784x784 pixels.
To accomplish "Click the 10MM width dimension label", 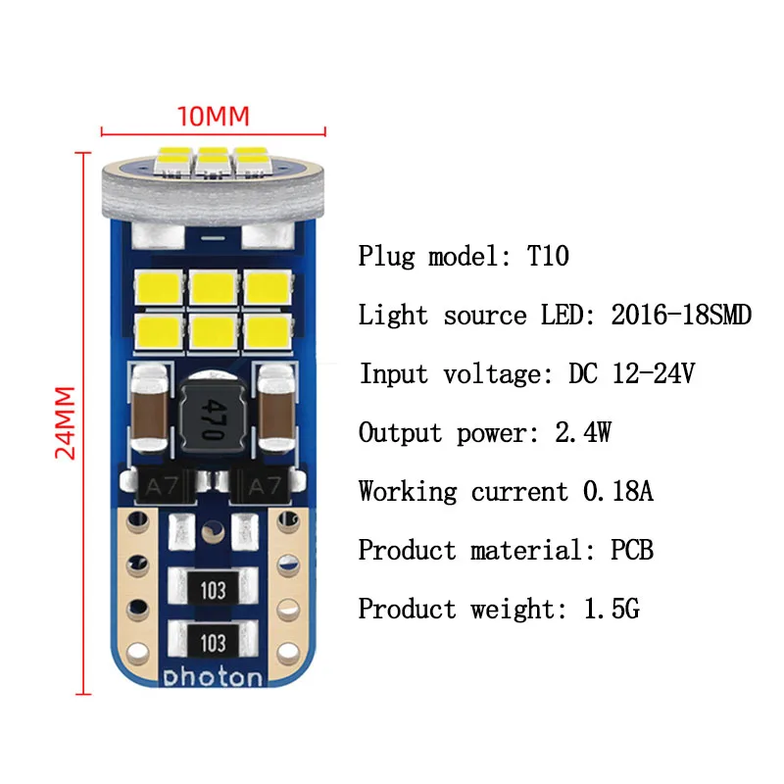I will tap(213, 115).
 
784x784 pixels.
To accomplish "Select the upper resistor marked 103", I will tap(214, 589).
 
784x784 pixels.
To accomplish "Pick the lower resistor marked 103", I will tap(214, 642).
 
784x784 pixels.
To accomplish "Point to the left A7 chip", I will tap(155, 485).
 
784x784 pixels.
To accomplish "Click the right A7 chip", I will tap(265, 485).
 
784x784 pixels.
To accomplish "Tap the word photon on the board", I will tap(214, 677).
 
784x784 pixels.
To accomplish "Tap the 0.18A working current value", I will tap(617, 491).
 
